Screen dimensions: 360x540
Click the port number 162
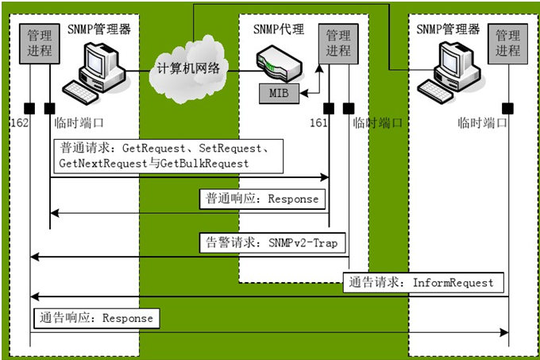21,123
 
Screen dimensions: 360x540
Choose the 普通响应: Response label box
261,199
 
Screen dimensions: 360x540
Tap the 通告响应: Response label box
96,318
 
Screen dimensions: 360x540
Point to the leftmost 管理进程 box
39,42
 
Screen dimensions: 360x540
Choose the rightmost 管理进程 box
507,42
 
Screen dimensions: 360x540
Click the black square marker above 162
29,107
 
